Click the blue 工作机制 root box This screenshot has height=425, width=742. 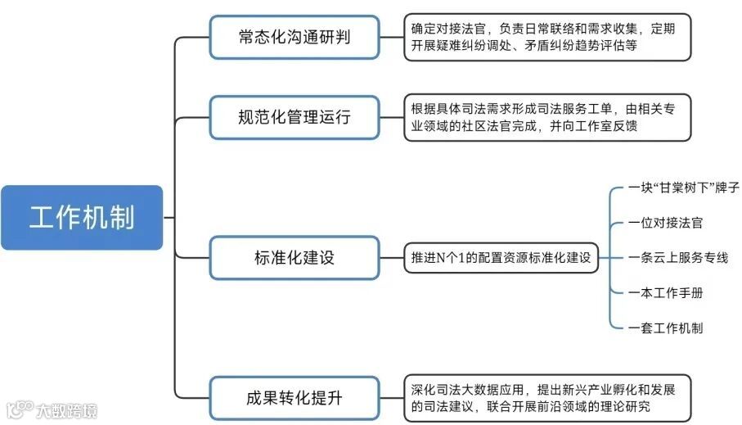[82, 218]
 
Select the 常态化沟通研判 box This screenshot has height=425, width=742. [294, 38]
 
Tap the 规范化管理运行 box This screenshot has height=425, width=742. [294, 117]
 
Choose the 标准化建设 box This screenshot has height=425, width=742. [294, 257]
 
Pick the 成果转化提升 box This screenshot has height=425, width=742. [294, 399]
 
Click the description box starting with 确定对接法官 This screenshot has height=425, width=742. [546, 37]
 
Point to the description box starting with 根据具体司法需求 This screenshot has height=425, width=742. [546, 118]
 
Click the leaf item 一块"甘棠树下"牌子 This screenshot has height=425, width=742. [684, 188]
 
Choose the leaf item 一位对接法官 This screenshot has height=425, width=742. [666, 223]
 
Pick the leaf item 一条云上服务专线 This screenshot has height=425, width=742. [678, 258]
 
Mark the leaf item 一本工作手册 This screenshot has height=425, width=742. [666, 293]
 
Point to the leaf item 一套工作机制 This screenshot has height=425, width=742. [666, 328]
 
